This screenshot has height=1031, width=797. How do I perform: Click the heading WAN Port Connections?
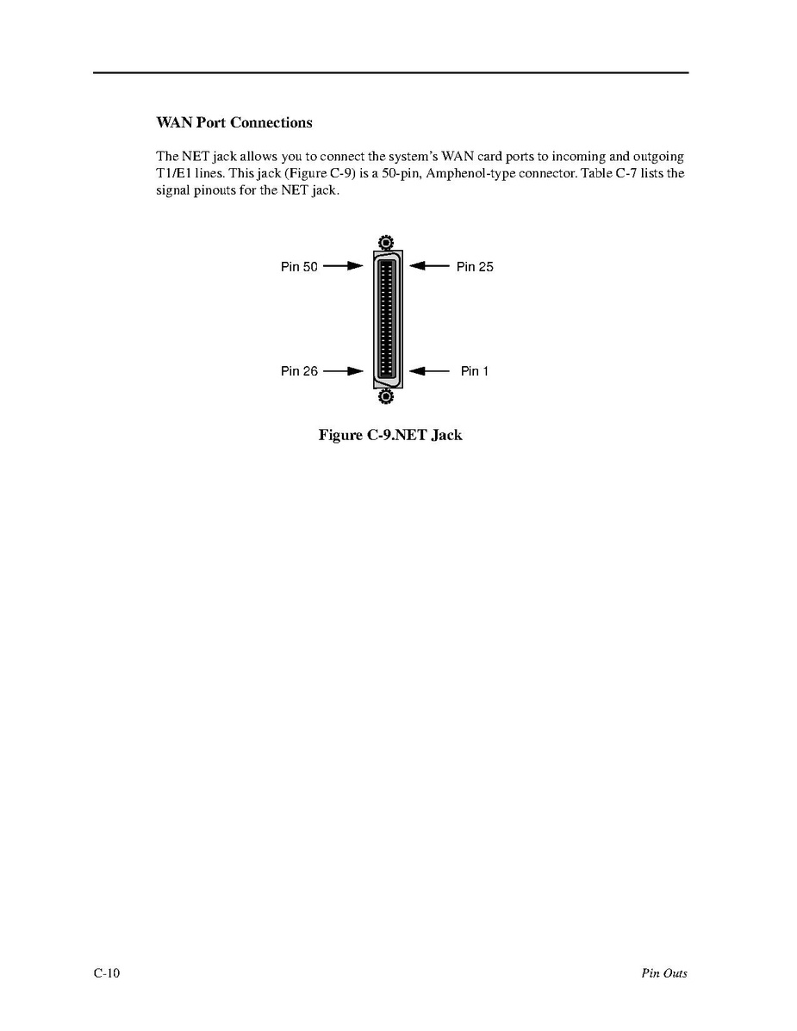pos(233,122)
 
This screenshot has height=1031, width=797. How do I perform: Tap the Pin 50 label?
pos(299,267)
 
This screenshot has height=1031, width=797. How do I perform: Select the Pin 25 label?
pos(475,267)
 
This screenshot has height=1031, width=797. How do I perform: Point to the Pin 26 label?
pos(299,371)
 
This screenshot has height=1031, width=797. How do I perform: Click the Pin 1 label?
pos(475,371)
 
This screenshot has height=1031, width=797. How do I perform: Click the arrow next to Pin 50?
pos(342,267)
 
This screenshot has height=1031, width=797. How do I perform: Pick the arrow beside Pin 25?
pos(429,267)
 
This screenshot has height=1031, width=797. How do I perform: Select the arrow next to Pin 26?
pos(342,371)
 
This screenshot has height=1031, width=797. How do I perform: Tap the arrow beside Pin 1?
pos(429,371)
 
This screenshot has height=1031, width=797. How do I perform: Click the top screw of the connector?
pos(385,242)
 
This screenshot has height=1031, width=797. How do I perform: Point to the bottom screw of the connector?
pos(385,396)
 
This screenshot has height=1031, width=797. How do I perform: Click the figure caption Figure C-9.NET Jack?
pos(390,435)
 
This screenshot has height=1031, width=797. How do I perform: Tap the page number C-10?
pos(107,973)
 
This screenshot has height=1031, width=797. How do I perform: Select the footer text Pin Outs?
pos(663,973)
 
